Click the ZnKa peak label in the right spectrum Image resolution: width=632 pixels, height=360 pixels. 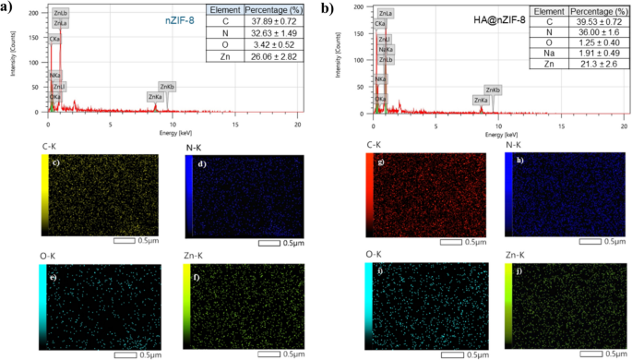pyautogui.click(x=481, y=100)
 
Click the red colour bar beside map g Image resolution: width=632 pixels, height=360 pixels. pyautogui.click(x=370, y=195)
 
